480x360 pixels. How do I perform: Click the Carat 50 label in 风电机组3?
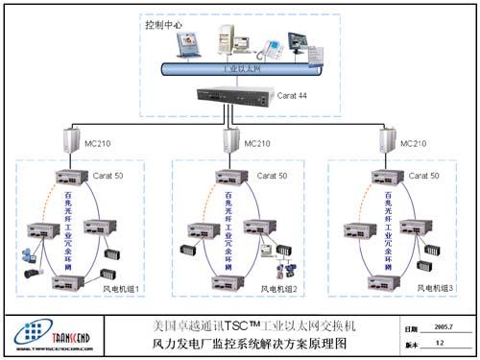click(422, 177)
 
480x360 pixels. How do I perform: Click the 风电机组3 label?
click(434, 289)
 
